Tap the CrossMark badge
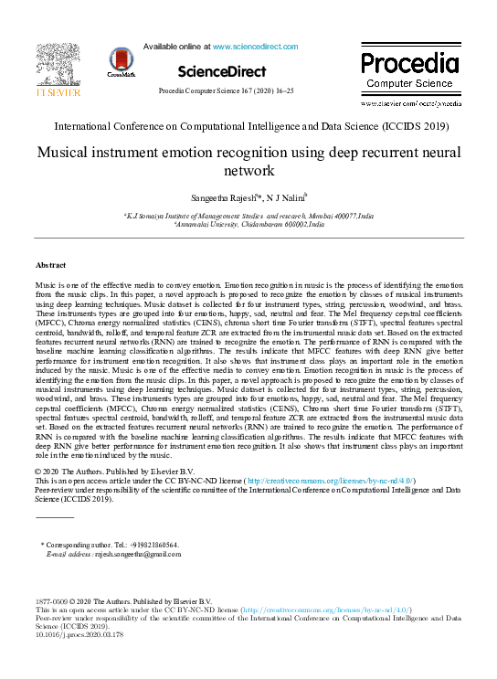click(x=122, y=61)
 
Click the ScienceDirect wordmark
click(x=221, y=71)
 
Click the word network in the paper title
click(x=248, y=171)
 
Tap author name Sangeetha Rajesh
click(x=225, y=196)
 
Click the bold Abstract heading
click(x=50, y=264)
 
